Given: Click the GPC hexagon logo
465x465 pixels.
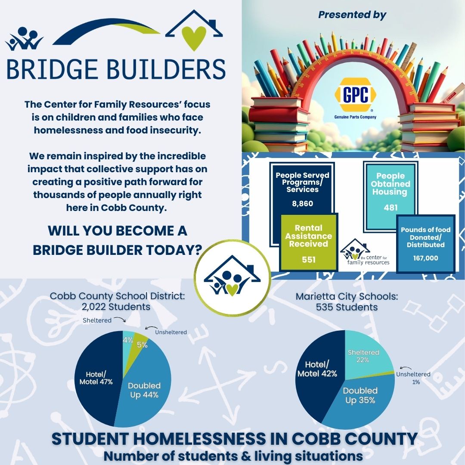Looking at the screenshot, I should pos(355,95).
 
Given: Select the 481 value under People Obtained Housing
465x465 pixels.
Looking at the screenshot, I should pos(391,208).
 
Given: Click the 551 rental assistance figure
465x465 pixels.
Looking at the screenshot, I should pos(308,260).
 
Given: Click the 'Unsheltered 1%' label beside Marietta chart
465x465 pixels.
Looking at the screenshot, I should pos(413,378).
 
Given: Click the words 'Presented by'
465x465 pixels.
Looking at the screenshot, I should pos(352,15).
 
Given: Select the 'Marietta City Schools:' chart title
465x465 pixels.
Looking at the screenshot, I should pos(346,297).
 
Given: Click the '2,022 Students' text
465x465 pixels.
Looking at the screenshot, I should pos(116,307).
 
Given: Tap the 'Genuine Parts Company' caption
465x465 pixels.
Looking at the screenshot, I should pos(355,117).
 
